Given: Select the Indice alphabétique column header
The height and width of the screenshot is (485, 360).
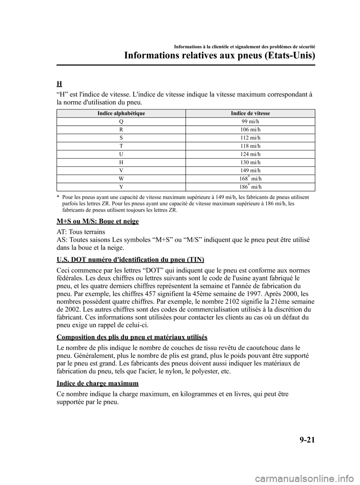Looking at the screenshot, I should (x=121, y=113).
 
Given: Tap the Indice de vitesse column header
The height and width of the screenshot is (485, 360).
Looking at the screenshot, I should (x=250, y=113).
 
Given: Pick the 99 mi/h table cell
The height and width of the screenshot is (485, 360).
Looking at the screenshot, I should (x=250, y=122).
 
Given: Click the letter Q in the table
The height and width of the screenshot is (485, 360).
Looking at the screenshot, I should (x=121, y=122).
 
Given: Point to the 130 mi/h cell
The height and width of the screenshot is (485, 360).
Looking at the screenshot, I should (x=250, y=162).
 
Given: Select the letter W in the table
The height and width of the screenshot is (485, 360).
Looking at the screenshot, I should (x=121, y=179).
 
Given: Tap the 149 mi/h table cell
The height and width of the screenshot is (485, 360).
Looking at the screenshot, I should (x=250, y=171).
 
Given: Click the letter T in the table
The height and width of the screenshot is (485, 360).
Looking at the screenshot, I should (x=121, y=146).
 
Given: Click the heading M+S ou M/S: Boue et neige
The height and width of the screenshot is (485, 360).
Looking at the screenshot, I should (x=97, y=221).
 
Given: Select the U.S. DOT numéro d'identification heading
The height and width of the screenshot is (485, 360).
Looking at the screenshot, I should (x=130, y=260).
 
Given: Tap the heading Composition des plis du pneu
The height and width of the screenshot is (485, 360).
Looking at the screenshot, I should (x=132, y=336).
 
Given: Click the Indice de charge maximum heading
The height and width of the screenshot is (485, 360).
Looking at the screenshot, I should (x=97, y=383).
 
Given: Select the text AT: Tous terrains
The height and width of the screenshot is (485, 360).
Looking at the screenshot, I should (x=81, y=231).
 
